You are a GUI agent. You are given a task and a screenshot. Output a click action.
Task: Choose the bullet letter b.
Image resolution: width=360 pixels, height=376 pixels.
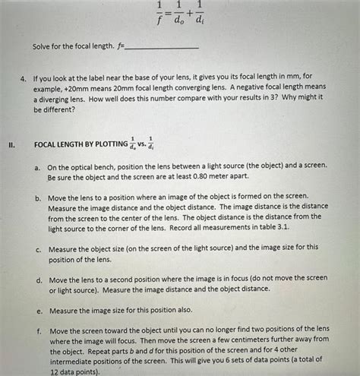pyautogui.click(x=37, y=196)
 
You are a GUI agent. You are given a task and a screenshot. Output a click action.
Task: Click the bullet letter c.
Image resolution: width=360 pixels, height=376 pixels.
pyautogui.click(x=37, y=248)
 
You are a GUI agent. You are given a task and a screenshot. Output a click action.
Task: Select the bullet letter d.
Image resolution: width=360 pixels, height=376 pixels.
pyautogui.click(x=37, y=279)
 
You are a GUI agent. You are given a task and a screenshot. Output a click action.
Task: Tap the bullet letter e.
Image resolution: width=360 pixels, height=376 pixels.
pyautogui.click(x=37, y=311)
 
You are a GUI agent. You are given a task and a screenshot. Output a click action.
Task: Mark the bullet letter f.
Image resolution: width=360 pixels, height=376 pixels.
pyautogui.click(x=37, y=331)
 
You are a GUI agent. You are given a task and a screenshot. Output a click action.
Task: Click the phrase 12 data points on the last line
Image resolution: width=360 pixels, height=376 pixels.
pyautogui.click(x=74, y=372)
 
